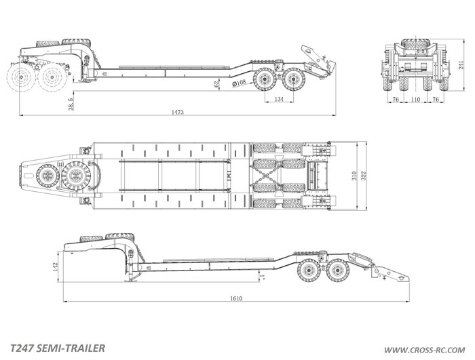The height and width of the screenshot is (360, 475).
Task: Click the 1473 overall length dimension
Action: click(178, 113)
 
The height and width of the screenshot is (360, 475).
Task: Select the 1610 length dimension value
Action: click(236, 298)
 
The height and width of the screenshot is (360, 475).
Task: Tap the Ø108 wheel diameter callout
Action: click(239, 83)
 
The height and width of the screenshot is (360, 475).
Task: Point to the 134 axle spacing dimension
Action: click(279, 99)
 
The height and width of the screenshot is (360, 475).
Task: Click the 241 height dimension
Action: click(461, 65)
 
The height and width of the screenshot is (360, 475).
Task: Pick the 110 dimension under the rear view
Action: click(415, 99)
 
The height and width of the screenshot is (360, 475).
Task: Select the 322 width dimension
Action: click(364, 176)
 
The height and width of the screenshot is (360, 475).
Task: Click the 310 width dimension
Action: click(354, 176)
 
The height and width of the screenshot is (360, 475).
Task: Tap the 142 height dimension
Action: click(56, 266)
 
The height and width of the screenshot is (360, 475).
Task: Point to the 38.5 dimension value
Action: click(71, 104)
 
